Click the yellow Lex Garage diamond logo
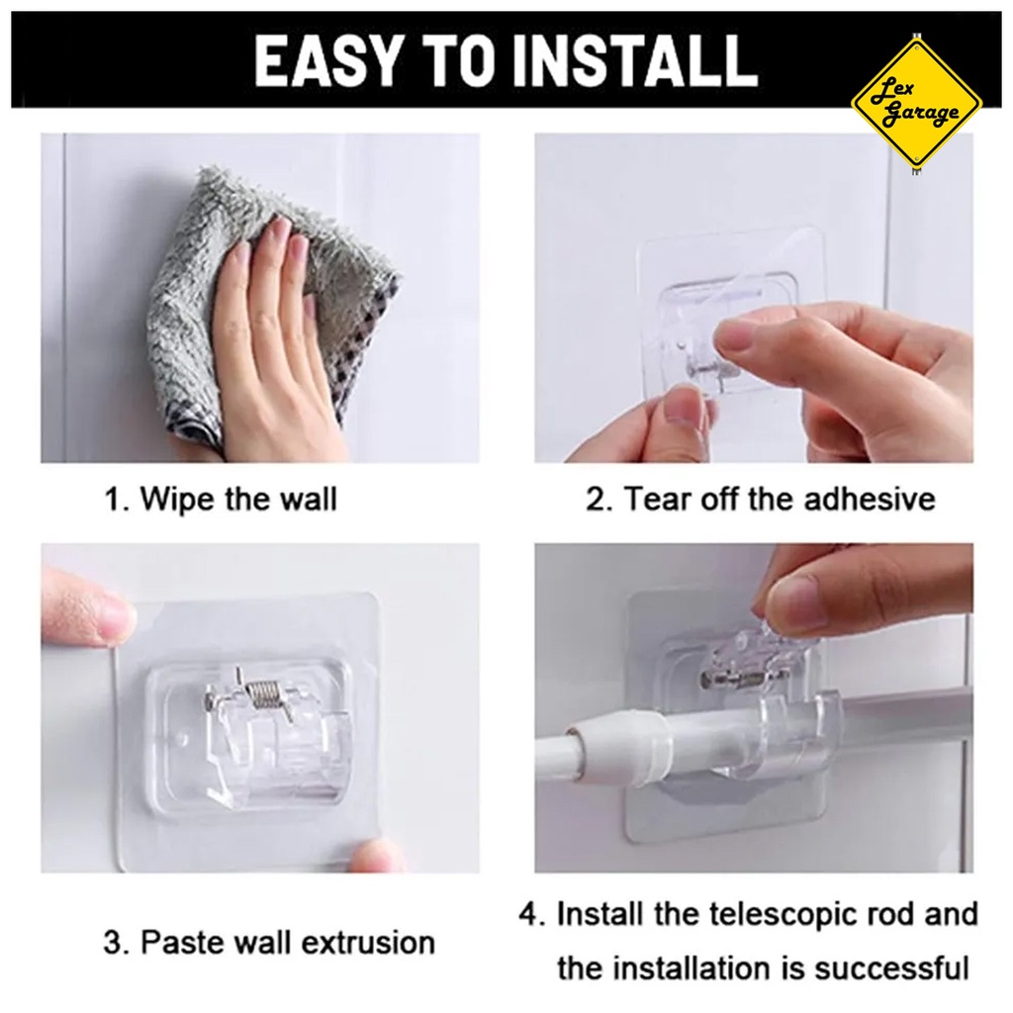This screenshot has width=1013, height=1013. tap(916, 103)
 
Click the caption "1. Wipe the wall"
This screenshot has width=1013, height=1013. tap(221, 499)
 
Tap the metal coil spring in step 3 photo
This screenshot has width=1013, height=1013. tap(267, 695)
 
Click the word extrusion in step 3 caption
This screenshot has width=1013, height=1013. tap(368, 943)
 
